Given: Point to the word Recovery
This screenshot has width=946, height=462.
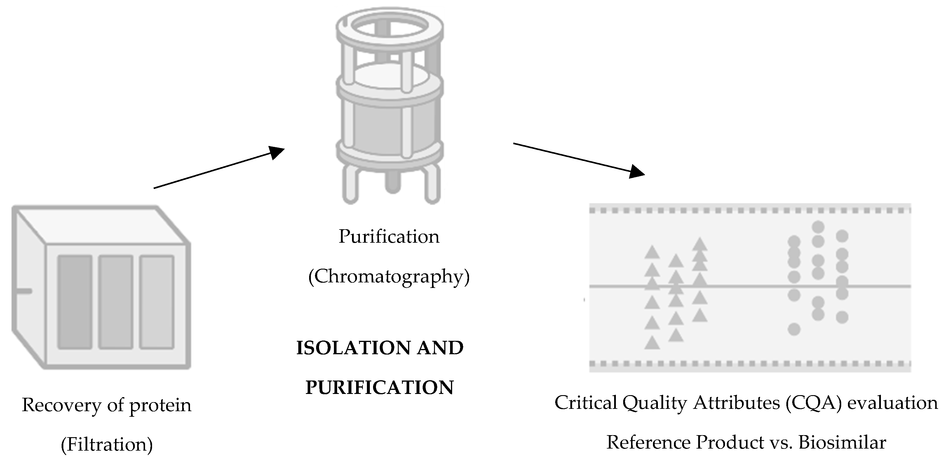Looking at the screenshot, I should [61, 405].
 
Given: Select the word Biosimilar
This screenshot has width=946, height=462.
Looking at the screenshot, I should [842, 442].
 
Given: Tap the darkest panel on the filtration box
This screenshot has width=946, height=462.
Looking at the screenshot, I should [75, 302].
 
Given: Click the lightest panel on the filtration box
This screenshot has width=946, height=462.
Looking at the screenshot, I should [156, 302].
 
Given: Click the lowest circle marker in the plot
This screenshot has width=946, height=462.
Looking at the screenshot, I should [794, 329].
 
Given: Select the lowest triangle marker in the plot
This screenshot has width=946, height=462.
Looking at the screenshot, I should [652, 343].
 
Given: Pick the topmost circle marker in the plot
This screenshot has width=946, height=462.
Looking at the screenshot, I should [818, 227].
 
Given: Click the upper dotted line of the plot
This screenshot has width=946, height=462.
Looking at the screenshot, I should [749, 211].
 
